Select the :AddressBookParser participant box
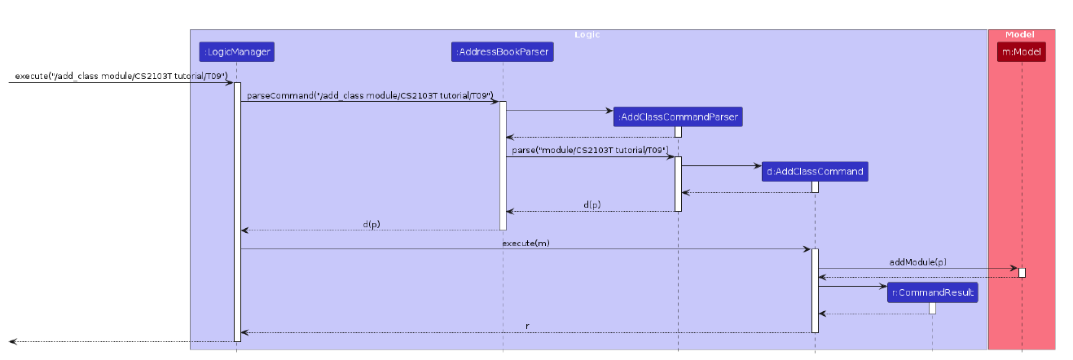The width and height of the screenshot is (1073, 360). [503, 52]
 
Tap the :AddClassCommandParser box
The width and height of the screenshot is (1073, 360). [678, 117]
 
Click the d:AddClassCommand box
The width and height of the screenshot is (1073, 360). [814, 172]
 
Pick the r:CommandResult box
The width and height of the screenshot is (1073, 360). [932, 292]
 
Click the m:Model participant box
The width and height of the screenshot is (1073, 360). [1021, 52]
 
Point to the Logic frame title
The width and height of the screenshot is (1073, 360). [587, 34]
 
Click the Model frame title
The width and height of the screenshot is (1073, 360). [1020, 34]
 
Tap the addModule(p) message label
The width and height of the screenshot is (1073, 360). [918, 261]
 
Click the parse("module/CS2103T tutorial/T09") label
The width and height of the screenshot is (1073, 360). [590, 151]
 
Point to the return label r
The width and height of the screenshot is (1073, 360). [527, 326]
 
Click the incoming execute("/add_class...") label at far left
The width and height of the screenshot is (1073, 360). [121, 76]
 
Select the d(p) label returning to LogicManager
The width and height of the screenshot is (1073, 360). [371, 224]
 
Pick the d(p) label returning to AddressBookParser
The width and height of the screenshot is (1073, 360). [593, 205]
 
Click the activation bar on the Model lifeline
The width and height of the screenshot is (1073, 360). [1022, 272]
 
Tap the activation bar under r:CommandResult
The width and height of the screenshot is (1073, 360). [932, 308]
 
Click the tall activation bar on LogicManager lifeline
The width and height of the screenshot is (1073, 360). [237, 212]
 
